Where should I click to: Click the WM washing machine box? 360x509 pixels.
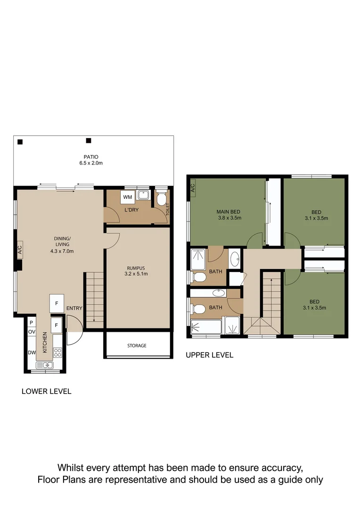pos(128,197)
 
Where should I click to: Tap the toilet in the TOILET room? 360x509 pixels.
pos(162,199)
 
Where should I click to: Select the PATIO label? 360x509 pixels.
pos(91,157)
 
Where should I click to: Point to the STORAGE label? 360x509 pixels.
pos(137,345)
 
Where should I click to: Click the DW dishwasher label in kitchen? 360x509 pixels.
pos(32,353)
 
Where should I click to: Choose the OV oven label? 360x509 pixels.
pos(32,332)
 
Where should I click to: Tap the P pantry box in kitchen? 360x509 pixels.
pos(31,322)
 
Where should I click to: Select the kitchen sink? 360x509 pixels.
pos(47,365)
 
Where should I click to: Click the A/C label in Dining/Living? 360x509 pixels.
pos(20,250)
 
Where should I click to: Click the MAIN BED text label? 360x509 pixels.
pos(229,212)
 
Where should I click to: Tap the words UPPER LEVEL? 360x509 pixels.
pos(209,355)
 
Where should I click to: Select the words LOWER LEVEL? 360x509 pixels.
pos(47,391)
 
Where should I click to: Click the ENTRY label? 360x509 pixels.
pos(74,308)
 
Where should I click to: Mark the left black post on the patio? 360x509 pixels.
pos(20,141)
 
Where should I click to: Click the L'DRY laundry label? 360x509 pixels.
pos(131,210)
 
